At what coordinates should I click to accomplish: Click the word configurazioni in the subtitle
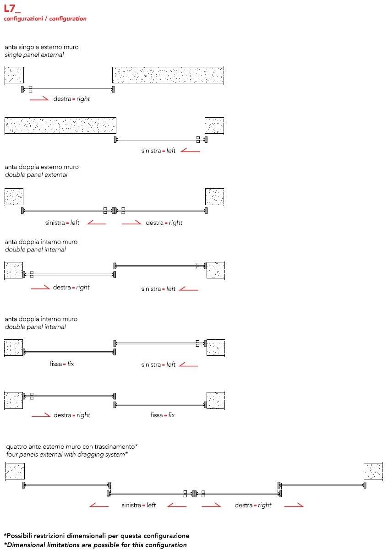pos(24,19)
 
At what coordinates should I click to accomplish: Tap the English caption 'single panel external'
pos(34,55)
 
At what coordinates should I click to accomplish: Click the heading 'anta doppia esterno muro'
pos(42,167)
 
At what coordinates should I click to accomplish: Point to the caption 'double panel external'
pos(36,175)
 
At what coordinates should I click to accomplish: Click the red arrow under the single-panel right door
pos(39,98)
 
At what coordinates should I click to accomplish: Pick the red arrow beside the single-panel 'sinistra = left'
pos(190,150)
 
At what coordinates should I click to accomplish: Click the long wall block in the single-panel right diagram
pos(168,75)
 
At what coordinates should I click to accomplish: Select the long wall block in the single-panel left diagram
pos(60,125)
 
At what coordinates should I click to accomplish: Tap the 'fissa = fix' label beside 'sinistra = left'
pos(62,365)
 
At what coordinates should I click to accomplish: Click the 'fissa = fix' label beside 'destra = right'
pos(163,415)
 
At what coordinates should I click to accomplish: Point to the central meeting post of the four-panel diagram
pos(194,494)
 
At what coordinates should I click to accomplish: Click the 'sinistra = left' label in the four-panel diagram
pos(138,505)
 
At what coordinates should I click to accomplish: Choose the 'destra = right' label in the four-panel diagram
pos(253,505)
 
